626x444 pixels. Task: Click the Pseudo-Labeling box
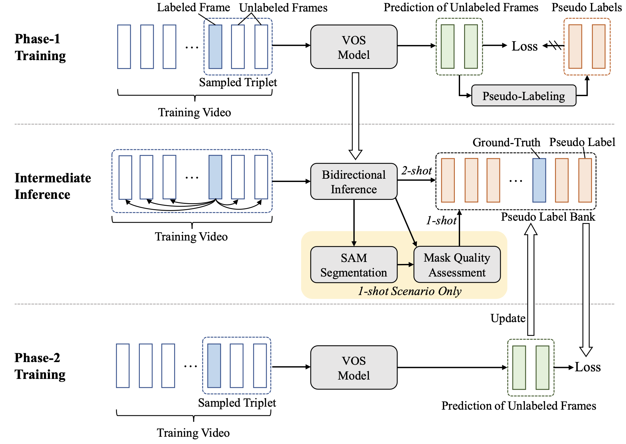524,96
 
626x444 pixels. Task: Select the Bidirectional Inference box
354,182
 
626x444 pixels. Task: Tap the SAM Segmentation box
354,265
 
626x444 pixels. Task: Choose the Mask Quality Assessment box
457,265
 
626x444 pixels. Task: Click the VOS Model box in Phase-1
354,47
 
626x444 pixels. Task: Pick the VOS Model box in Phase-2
354,368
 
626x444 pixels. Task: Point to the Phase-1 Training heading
40,47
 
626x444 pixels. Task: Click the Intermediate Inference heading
53,186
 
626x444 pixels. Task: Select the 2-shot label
416,171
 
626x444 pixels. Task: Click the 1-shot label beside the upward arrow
441,220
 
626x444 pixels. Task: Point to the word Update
508,318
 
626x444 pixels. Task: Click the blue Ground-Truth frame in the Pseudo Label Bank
539,180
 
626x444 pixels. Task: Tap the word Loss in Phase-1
525,46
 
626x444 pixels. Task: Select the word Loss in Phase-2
588,367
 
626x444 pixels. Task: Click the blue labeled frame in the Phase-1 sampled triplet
215,47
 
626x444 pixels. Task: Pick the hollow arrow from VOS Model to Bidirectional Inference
356,116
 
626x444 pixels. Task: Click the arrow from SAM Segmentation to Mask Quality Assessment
406,265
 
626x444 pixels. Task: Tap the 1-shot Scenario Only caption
410,291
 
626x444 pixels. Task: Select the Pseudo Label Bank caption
548,217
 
